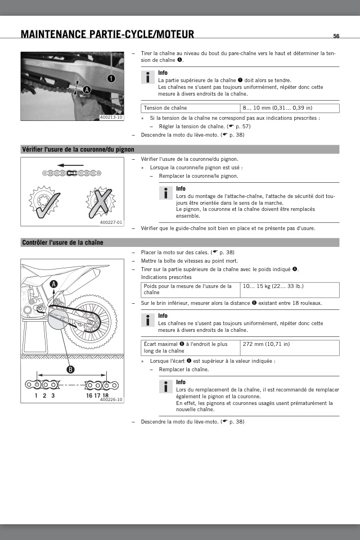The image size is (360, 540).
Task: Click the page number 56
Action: [336, 36]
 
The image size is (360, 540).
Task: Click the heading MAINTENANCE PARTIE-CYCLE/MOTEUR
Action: [107, 35]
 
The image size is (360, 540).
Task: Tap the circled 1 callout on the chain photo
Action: [111, 79]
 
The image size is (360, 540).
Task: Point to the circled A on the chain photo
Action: [87, 90]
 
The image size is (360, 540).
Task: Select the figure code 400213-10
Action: [111, 117]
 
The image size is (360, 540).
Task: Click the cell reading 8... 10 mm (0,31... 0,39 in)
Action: [277, 107]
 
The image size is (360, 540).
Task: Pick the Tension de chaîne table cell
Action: [166, 107]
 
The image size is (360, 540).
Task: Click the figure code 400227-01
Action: [111, 222]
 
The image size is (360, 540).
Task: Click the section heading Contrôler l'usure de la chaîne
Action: [62, 242]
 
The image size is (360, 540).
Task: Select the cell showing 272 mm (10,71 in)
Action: [267, 344]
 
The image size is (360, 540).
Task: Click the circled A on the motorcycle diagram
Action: [53, 284]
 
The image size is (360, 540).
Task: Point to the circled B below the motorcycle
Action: [71, 370]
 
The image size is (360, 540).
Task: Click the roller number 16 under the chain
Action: [89, 395]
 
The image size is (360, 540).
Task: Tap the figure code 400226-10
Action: [111, 399]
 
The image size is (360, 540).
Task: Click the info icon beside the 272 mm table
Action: [147, 321]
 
